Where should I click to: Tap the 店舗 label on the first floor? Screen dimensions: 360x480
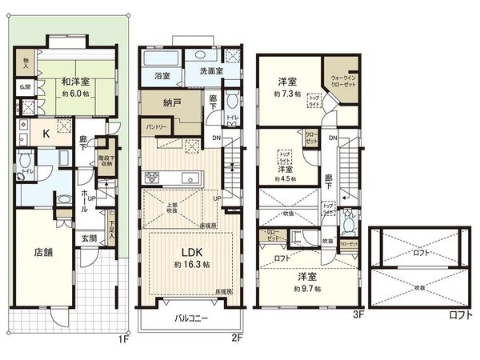point(43,251)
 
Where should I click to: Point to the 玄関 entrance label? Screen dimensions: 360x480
point(89,238)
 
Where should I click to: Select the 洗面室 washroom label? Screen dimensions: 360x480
point(210,70)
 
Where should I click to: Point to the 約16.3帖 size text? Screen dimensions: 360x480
point(191,264)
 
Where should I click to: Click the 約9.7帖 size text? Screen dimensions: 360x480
point(306,288)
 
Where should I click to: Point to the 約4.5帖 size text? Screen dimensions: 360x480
point(285,179)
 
